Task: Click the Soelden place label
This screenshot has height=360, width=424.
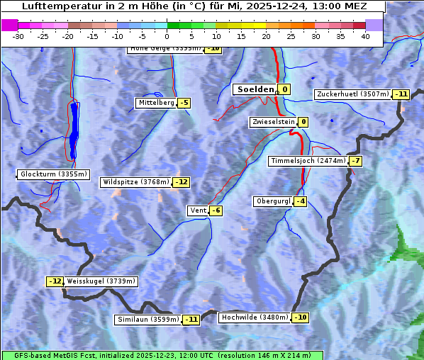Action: [254, 89]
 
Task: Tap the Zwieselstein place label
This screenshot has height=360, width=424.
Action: [272, 122]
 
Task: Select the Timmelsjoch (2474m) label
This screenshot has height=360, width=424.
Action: [308, 161]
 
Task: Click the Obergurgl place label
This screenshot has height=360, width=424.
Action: [273, 201]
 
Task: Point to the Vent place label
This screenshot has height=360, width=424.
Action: [197, 210]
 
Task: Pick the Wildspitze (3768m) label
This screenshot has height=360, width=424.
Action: [136, 182]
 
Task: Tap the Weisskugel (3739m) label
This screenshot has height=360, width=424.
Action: [101, 281]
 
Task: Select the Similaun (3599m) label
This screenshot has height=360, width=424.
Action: [147, 320]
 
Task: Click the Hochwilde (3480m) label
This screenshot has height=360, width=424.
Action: [255, 317]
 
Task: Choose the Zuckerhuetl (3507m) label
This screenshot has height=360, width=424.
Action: [353, 94]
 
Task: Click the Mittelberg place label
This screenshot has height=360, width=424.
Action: [156, 103]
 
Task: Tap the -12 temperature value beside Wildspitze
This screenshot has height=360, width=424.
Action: [182, 182]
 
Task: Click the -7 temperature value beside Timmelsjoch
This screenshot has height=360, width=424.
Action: [355, 161]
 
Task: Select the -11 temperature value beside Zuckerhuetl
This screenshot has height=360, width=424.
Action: [402, 94]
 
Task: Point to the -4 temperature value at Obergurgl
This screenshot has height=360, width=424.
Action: [301, 201]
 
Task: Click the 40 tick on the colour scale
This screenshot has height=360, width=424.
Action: [365, 36]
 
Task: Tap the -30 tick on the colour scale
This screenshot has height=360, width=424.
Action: [18, 36]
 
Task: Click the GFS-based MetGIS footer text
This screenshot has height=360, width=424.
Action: [162, 355]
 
